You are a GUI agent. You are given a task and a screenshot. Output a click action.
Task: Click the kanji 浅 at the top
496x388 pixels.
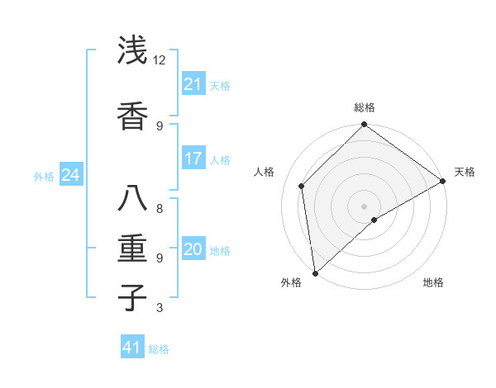point(131,51)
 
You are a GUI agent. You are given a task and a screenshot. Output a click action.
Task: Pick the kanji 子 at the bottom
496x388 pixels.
point(131,297)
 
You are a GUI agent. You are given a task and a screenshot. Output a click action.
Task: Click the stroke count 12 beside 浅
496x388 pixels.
point(160,60)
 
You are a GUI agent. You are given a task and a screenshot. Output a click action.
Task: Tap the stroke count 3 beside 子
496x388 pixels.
point(160,309)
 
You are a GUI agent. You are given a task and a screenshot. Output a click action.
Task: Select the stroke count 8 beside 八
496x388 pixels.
point(160,208)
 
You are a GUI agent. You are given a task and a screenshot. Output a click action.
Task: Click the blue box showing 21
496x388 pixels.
point(193,84)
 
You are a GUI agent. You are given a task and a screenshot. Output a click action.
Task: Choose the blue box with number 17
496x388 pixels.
point(193,159)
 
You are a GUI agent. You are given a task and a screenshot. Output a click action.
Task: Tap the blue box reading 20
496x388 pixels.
point(193,249)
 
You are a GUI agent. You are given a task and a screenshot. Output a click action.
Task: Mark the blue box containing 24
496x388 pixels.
point(70,175)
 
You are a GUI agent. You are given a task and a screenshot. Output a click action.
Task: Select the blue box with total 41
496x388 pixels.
point(131,348)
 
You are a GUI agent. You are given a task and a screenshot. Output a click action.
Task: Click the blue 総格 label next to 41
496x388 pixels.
point(159,349)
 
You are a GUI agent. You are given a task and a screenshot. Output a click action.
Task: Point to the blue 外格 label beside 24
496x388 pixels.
point(44,177)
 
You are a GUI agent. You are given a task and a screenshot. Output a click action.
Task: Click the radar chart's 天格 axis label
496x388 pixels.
point(465,172)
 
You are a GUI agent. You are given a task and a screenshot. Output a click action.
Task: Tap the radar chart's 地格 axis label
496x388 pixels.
point(433,283)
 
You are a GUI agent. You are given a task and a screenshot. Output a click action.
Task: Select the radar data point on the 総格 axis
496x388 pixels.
point(364,125)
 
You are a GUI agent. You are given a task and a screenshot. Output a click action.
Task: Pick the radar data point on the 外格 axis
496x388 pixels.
point(315,272)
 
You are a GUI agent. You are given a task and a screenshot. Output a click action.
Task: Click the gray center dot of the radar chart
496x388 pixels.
point(364,206)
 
